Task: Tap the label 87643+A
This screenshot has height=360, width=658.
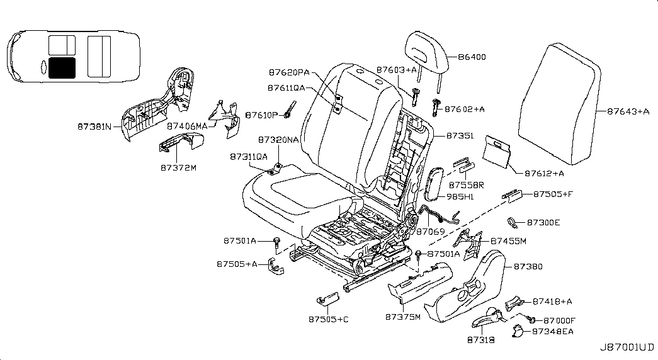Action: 628,111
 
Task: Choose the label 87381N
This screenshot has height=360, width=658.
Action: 95,127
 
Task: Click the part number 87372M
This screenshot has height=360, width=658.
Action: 178,168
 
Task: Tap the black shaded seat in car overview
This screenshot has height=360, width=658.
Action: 61,67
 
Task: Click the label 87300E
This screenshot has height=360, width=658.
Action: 543,222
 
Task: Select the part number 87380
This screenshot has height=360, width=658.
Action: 528,266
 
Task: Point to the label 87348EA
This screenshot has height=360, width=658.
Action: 552,331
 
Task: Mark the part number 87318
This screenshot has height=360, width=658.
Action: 480,339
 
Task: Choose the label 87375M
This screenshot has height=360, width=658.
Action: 402,317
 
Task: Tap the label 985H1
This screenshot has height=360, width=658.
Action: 460,197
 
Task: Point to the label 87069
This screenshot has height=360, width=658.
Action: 431,232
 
